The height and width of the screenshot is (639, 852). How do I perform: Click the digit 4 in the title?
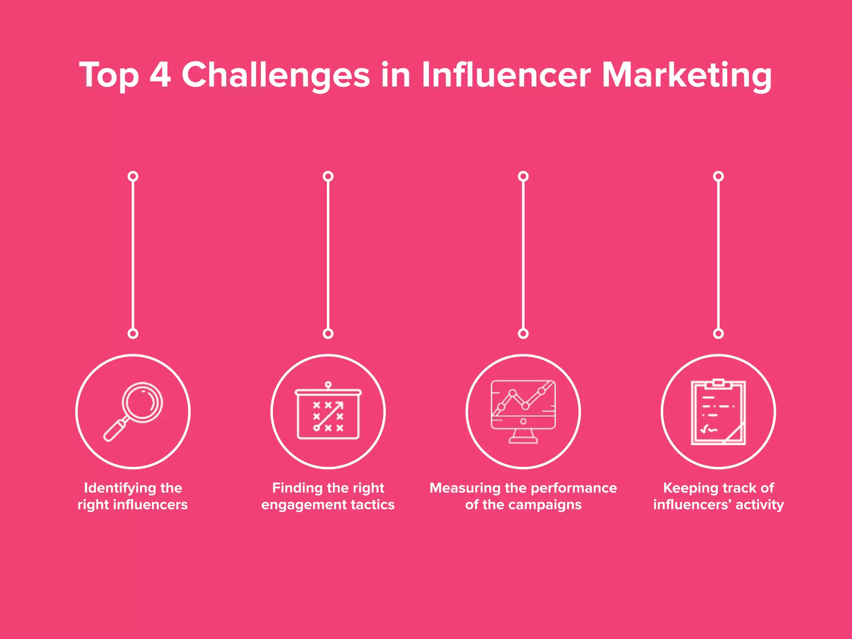pos(160,75)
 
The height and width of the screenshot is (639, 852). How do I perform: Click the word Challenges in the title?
pos(275,75)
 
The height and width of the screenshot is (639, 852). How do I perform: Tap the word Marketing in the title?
pos(686,75)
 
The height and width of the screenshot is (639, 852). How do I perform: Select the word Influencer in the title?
pos(506,75)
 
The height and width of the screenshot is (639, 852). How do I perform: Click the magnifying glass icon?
pos(133,411)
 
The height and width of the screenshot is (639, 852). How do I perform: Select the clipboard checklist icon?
pos(718,412)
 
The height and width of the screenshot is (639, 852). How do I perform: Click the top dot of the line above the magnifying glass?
pos(133,176)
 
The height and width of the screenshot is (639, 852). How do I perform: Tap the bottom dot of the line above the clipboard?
pos(718,333)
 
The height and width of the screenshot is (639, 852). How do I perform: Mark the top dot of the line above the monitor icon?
pos(523,176)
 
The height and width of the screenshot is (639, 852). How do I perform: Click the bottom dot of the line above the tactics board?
pos(328,333)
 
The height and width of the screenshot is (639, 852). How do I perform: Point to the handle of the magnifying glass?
pos(114,431)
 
